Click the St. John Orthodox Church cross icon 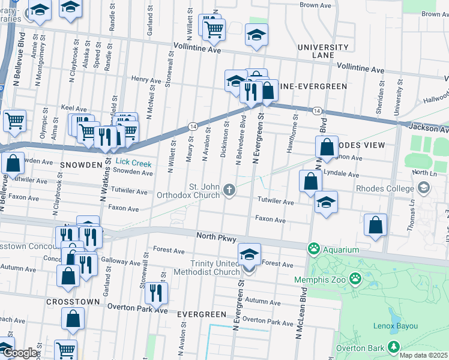(228, 190)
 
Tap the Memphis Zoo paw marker (356, 278)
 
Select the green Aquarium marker (313, 248)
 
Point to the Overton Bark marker (393, 347)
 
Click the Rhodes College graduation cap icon (424, 188)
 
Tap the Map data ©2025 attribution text (424, 355)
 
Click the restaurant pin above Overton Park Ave (156, 293)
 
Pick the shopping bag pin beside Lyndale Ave (310, 181)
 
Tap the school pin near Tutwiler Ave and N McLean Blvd (326, 202)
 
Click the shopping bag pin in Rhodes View (326, 147)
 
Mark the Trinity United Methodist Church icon (249, 269)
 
